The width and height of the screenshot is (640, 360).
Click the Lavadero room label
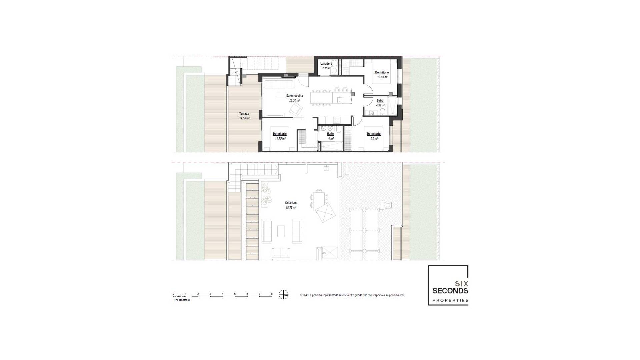(326, 64)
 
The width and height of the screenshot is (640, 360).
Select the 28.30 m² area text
(294, 100)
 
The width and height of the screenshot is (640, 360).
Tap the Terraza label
(244, 114)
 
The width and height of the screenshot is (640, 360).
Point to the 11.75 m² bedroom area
(280, 138)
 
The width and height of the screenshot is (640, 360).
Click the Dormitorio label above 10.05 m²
(382, 72)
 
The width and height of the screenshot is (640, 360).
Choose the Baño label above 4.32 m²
(380, 101)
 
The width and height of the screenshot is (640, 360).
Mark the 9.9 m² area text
(374, 138)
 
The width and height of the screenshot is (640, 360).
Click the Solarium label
(291, 203)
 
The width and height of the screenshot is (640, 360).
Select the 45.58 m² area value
(291, 207)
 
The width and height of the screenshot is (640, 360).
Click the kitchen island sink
(340, 99)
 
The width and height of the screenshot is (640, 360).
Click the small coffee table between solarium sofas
(281, 231)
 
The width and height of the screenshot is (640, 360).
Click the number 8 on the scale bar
(272, 294)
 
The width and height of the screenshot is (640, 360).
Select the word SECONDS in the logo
(450, 291)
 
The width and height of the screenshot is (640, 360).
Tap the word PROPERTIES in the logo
(450, 300)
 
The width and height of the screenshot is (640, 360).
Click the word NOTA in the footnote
(303, 295)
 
